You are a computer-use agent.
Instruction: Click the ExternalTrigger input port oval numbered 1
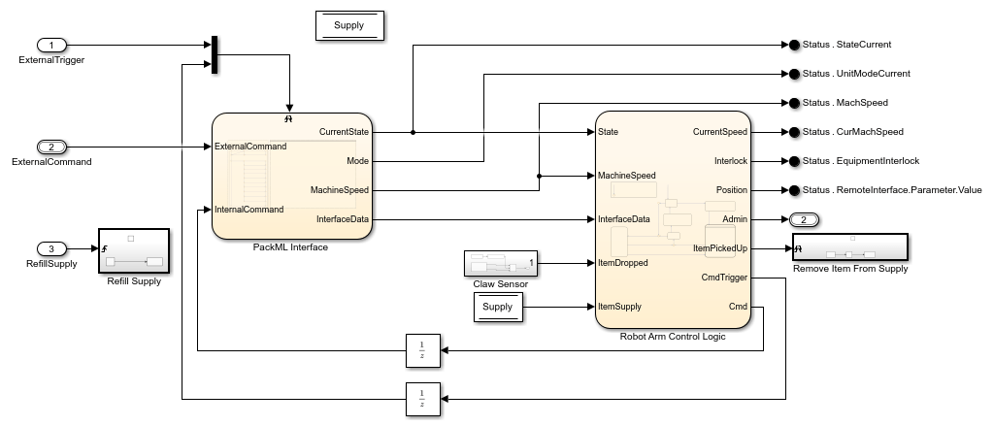[x=51, y=45]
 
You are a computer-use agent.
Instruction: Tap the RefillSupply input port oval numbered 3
[x=51, y=249]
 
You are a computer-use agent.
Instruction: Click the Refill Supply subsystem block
[x=134, y=252]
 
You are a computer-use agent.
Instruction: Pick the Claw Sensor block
[x=500, y=263]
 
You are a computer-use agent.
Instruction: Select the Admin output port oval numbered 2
[x=806, y=219]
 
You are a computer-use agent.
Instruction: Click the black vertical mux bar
[x=213, y=54]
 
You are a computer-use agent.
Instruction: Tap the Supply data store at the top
[x=349, y=26]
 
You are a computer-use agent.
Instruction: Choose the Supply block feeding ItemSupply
[x=497, y=308]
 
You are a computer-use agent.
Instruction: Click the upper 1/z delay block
[x=423, y=350]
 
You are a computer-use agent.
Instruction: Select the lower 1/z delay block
[x=423, y=398]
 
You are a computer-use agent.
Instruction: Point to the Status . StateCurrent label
[x=846, y=45]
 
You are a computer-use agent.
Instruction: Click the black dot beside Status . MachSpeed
[x=793, y=103]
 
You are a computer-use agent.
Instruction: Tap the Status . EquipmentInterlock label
[x=860, y=161]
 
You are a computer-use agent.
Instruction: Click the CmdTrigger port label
[x=723, y=278]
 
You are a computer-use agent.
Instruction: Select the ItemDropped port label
[x=623, y=263]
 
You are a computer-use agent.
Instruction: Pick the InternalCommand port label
[x=249, y=210]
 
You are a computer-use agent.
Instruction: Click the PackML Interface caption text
[x=289, y=247]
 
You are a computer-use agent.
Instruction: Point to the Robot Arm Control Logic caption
[x=673, y=336]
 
